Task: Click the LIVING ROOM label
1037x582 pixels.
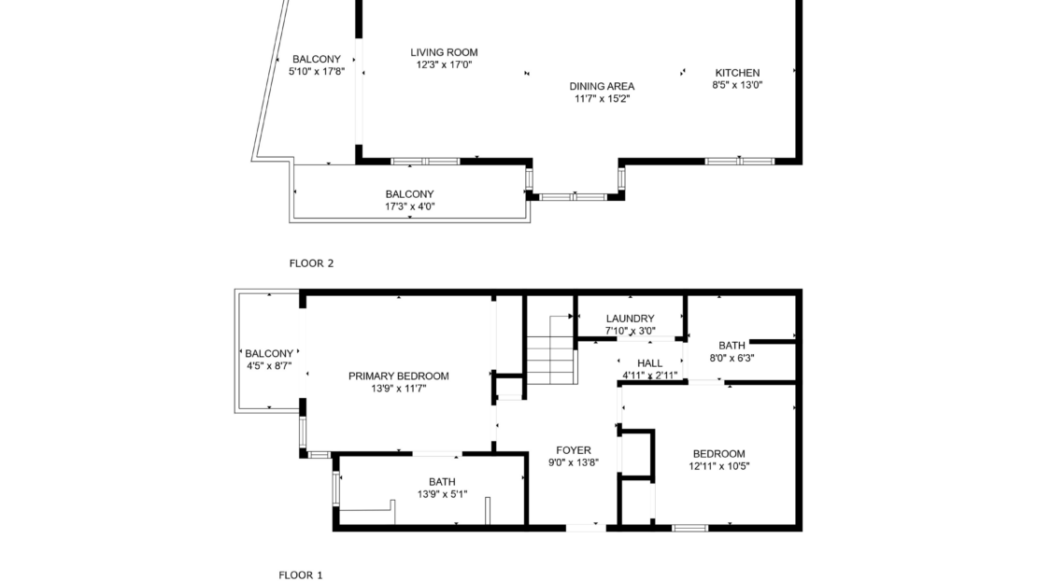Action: coord(444,52)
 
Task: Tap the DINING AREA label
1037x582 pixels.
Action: coord(602,86)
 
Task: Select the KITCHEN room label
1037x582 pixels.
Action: coord(737,73)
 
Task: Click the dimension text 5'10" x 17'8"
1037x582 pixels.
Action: coord(317,71)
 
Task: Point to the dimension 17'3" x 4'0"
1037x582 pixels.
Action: coord(410,206)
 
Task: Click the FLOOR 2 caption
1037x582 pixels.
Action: coord(311,263)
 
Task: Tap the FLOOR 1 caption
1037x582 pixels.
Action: coord(301,575)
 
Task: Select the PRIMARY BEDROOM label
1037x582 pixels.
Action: coord(399,376)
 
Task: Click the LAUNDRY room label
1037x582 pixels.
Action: coord(631,319)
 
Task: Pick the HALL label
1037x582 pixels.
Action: coord(650,363)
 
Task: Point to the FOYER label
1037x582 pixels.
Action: coord(574,450)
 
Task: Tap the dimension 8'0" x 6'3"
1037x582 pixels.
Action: coord(732,358)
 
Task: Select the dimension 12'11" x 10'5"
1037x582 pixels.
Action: coord(718,465)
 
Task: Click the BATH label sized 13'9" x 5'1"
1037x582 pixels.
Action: coord(442,482)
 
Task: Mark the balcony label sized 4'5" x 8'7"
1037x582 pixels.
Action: coord(269,354)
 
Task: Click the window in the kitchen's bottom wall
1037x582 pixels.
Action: coord(739,162)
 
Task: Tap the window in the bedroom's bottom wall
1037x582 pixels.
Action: coord(689,528)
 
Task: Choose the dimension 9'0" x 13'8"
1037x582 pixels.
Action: coord(574,463)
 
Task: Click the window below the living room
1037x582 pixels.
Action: coord(425,162)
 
